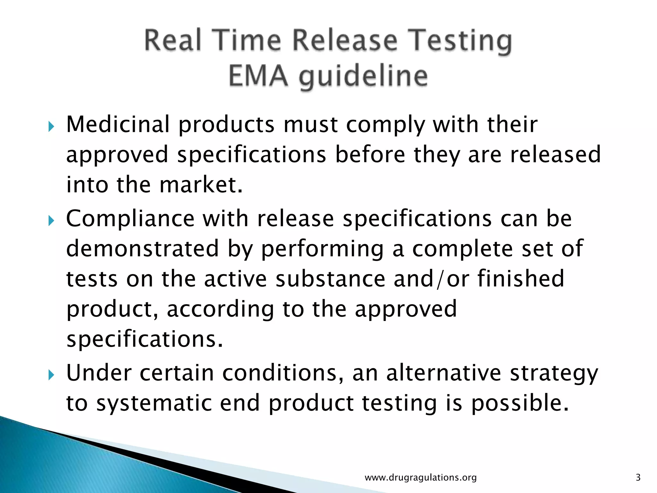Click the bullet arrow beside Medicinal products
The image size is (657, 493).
tap(51, 126)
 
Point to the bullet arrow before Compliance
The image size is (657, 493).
tap(51, 221)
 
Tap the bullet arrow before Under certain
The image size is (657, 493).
tap(51, 375)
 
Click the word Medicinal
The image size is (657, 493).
tap(118, 125)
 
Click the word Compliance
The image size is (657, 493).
tap(130, 219)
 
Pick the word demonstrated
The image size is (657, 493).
tap(142, 248)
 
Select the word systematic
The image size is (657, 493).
tap(154, 403)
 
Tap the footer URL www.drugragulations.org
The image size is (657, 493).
tap(421, 478)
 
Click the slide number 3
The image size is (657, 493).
tap(638, 478)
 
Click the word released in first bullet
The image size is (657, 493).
tap(555, 155)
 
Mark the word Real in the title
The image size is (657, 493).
tap(173, 40)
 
